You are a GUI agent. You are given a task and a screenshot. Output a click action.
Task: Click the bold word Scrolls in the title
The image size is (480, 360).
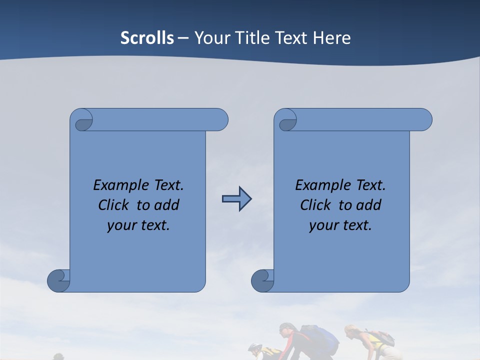click(147, 38)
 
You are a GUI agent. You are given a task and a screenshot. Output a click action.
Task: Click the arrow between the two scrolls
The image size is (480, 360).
click(236, 199)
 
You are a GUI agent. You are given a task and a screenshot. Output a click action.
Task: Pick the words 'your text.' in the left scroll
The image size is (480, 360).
click(138, 225)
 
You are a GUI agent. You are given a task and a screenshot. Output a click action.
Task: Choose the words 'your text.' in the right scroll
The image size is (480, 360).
click(340, 225)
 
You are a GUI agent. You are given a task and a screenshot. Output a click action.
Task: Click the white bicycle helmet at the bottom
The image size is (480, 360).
click(254, 347)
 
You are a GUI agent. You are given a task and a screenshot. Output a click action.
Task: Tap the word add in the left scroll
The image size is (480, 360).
click(166, 205)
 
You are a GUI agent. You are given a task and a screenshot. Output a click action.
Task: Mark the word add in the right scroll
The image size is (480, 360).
click(368, 205)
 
